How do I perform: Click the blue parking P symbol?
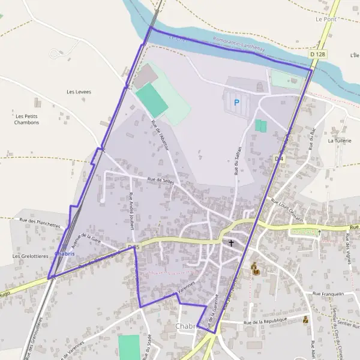236,103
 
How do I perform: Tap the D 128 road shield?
318,55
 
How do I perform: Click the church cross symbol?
231,243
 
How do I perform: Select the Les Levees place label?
79,92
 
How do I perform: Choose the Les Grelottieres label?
29,256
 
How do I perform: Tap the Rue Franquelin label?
328,294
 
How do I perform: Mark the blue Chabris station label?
64,254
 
